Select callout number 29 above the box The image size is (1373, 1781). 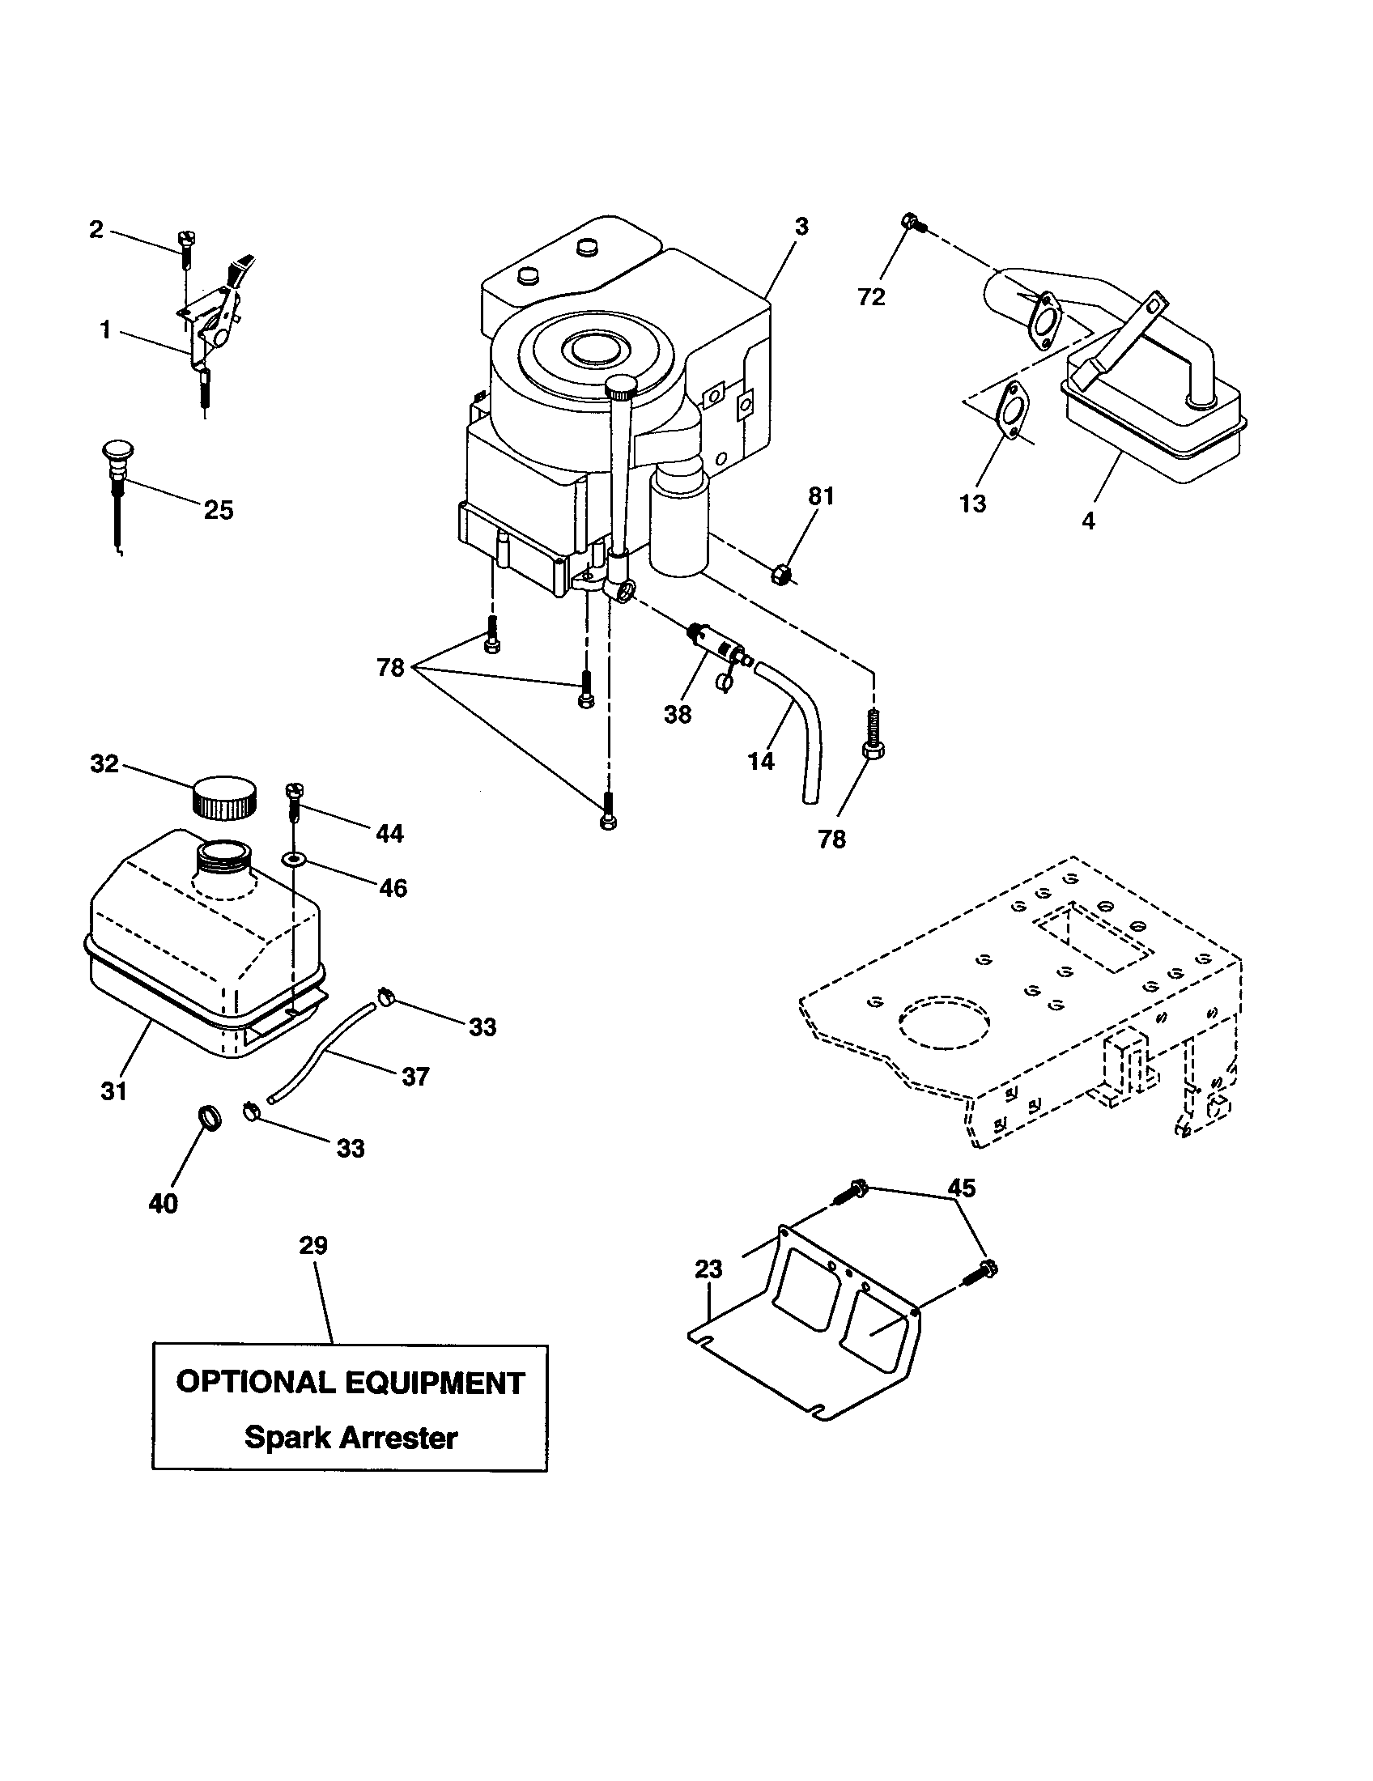pyautogui.click(x=313, y=1246)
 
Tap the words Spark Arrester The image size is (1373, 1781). pyautogui.click(x=351, y=1437)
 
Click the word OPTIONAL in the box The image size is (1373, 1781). pyautogui.click(x=254, y=1381)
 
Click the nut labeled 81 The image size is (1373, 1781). pyautogui.click(x=780, y=576)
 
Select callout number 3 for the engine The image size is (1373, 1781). pyautogui.click(x=801, y=227)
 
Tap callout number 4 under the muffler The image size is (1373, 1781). pyautogui.click(x=1089, y=521)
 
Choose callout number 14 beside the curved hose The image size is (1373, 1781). pyautogui.click(x=761, y=761)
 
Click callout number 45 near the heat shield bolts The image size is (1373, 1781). pyautogui.click(x=962, y=1188)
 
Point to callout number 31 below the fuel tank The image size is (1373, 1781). pyautogui.click(x=114, y=1091)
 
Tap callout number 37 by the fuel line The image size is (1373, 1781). pyautogui.click(x=415, y=1077)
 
